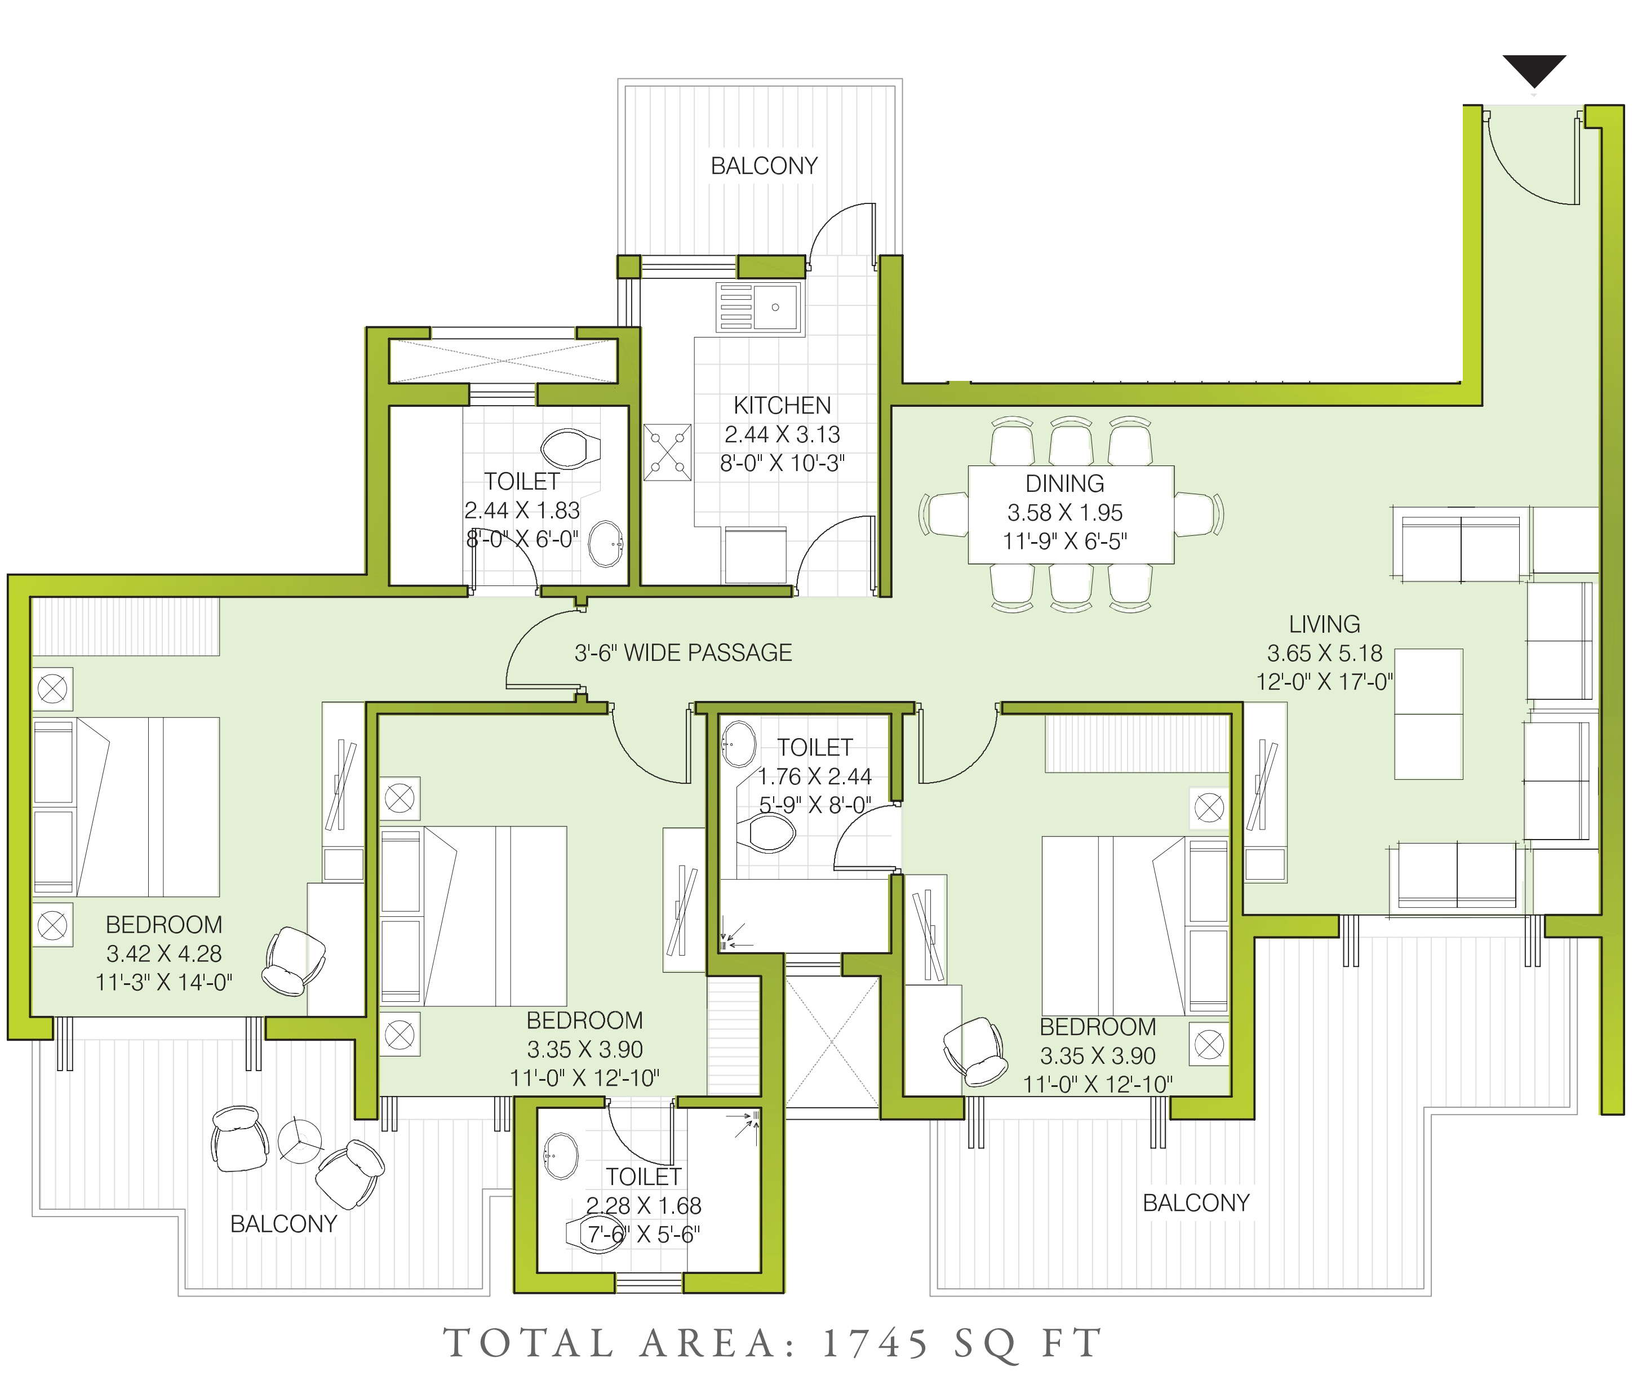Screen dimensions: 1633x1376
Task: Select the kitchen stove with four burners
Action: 667,452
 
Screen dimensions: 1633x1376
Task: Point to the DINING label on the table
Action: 1064,483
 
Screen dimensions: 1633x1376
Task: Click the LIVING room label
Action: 1324,624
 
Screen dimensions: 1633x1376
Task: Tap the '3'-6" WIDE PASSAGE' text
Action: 683,653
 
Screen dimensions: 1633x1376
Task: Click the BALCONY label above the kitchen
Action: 764,166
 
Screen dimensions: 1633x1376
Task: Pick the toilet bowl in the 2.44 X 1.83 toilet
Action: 570,449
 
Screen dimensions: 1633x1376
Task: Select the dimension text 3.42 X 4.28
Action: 164,953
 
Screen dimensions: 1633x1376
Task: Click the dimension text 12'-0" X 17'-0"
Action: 1324,682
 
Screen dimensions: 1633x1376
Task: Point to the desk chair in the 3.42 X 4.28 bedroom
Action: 294,962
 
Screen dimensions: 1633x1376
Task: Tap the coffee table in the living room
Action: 1428,714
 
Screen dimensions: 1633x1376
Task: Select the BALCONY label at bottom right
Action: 1196,1203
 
